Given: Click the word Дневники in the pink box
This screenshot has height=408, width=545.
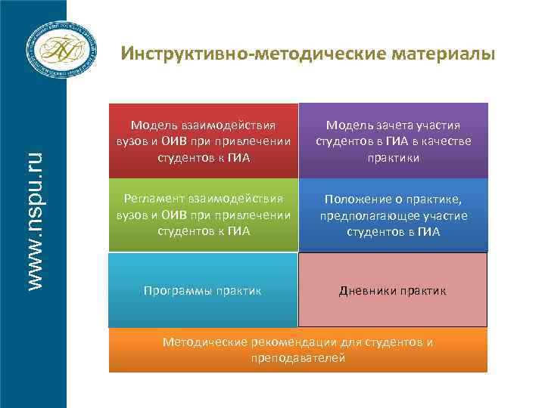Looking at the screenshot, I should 366,290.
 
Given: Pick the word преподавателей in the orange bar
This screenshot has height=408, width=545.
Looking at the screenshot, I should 298,357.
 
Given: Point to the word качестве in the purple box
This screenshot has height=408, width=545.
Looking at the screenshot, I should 450,141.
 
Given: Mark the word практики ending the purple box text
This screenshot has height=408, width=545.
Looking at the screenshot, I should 393,158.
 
